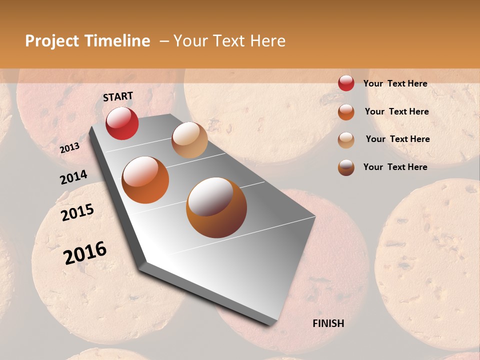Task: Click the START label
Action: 118,96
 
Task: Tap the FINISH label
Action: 328,323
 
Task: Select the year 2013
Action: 69,148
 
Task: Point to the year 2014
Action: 73,177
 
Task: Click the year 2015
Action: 77,212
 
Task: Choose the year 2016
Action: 85,252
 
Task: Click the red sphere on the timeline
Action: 122,123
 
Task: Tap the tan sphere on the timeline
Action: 189,140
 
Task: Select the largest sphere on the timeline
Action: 216,207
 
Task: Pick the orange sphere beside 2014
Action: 145,180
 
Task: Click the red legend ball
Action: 346,83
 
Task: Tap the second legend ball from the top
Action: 346,112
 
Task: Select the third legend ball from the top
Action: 346,140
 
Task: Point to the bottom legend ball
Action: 346,167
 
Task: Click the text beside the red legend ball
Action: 395,83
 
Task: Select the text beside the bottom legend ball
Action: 395,167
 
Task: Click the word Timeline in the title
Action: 117,41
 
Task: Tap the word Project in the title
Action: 52,41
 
